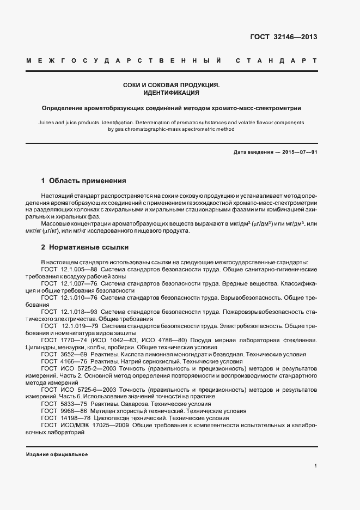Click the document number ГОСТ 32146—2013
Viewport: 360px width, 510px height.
[283, 37]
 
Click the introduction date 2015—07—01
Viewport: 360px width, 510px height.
[299, 152]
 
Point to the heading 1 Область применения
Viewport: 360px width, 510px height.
[84, 180]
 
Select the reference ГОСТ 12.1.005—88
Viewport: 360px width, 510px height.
[69, 270]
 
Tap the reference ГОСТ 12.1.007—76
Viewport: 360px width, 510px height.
[69, 284]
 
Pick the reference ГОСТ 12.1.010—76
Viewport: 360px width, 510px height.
[69, 298]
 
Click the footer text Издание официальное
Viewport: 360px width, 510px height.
[57, 454]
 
